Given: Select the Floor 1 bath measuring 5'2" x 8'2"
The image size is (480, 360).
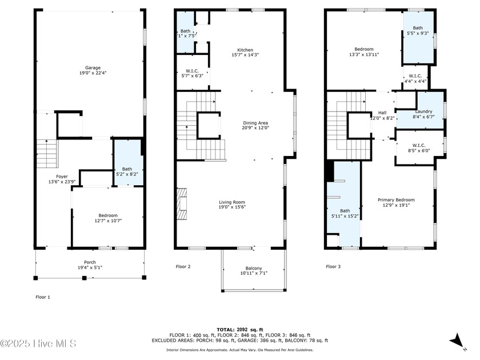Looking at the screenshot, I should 127,170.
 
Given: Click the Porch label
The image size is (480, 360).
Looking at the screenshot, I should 90,265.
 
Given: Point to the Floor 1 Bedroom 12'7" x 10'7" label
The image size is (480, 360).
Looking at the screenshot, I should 108,218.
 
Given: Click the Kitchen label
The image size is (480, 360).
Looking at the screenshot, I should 245,53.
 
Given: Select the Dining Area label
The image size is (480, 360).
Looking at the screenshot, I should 255,125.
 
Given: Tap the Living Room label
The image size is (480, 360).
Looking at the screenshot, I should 231,205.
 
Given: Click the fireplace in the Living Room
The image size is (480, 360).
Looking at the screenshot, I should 181,205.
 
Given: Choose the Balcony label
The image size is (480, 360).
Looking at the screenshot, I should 254,271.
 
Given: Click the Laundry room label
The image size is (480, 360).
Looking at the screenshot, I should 423,114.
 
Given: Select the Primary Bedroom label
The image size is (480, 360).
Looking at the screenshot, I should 396,203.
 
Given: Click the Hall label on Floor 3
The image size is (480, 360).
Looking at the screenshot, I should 382,115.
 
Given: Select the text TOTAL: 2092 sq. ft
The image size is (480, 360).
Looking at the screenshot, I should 239,330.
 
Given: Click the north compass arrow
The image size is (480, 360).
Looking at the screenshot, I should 458,342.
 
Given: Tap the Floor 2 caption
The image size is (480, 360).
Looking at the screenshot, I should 183,266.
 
